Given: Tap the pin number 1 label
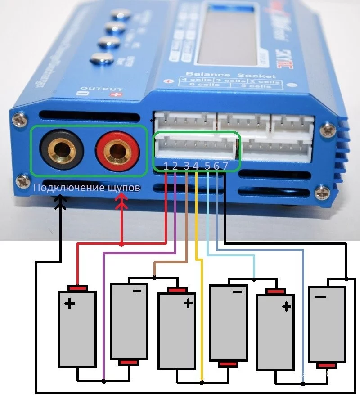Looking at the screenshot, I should [x=166, y=166].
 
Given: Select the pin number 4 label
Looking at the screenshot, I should [x=196, y=166].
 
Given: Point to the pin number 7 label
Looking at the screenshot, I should [x=225, y=166].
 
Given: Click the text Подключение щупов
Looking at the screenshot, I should [x=87, y=187].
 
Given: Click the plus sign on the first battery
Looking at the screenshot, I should [x=70, y=304].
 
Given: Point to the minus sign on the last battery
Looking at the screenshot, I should [x=320, y=297].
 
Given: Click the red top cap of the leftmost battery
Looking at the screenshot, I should [x=77, y=288].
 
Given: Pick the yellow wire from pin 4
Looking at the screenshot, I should [x=198, y=270].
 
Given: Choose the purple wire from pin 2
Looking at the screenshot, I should [x=104, y=315].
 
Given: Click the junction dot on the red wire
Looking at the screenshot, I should [x=121, y=243].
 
